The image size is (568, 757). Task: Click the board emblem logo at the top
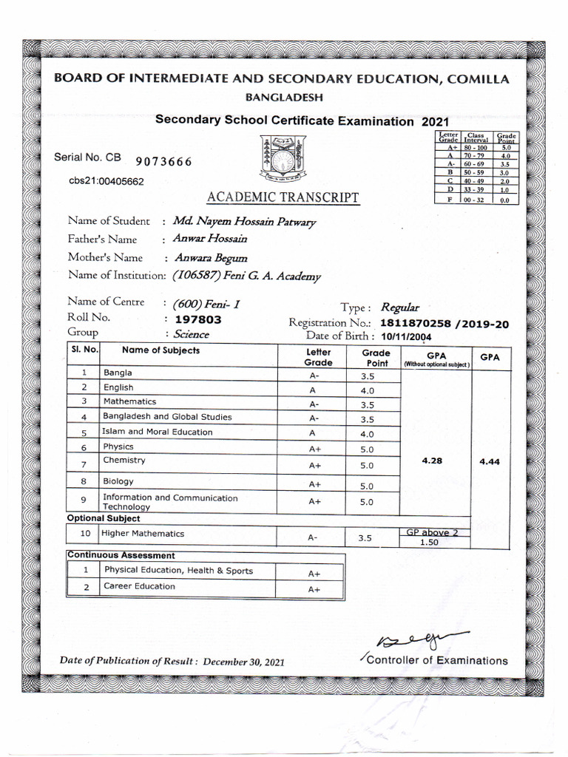coord(280,160)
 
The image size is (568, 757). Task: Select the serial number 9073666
coord(164,163)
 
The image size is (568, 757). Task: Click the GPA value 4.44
coord(490,461)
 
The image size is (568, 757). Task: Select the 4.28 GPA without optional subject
coord(432,460)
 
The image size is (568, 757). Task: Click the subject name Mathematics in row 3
coord(130,401)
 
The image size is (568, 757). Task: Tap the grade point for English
coord(367,390)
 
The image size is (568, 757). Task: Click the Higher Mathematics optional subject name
coord(143,533)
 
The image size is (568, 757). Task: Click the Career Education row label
coord(139,586)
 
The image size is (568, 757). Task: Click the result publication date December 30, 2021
coord(243,662)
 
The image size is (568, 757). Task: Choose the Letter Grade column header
coord(318,358)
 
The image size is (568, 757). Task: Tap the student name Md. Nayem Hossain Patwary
coord(243,221)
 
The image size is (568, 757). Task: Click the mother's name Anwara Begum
coord(210,258)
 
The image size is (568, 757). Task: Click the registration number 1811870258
coord(416,323)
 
